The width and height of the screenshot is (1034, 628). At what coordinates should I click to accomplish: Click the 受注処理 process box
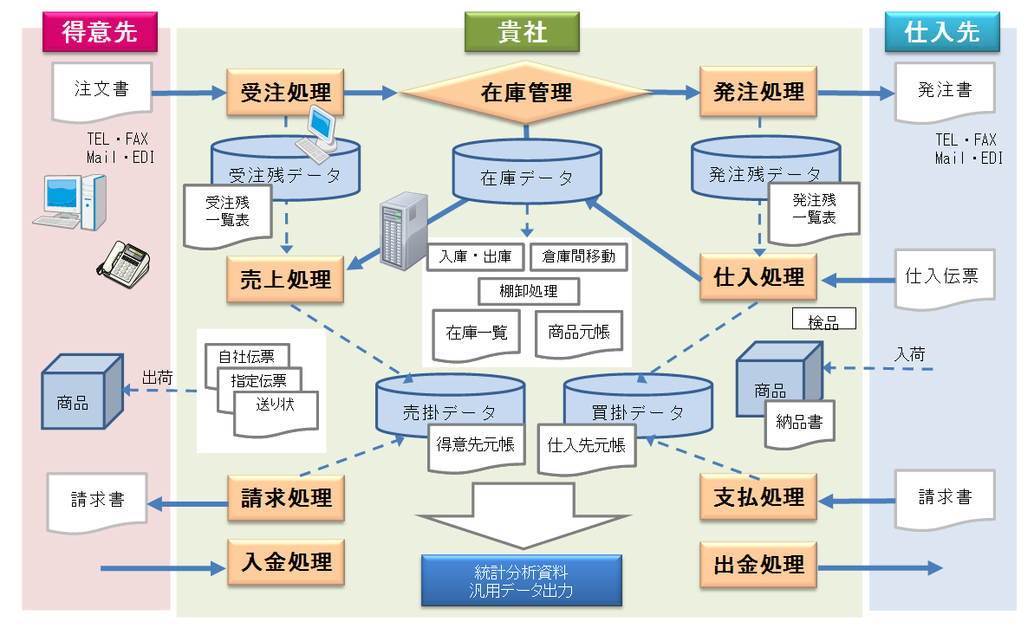click(x=285, y=92)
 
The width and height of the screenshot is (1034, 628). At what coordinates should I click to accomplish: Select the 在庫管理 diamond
click(x=526, y=92)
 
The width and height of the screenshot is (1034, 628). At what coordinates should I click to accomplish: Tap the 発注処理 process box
click(x=758, y=92)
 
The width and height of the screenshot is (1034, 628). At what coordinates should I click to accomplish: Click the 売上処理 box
click(x=285, y=279)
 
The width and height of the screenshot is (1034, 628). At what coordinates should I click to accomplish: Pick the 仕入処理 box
click(x=758, y=277)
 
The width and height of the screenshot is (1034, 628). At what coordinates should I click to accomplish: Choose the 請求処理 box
click(x=285, y=498)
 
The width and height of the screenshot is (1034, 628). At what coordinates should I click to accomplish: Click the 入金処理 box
click(x=285, y=562)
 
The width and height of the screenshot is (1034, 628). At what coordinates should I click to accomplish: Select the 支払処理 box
click(x=758, y=497)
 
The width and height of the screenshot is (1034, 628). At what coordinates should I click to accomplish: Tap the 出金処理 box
click(x=758, y=565)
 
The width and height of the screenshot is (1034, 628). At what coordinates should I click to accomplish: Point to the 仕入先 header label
click(x=941, y=32)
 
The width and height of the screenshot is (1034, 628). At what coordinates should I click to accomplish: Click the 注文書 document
click(x=101, y=90)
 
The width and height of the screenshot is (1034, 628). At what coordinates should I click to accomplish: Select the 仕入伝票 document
click(x=941, y=277)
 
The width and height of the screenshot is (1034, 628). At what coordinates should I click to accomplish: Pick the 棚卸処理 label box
click(x=529, y=291)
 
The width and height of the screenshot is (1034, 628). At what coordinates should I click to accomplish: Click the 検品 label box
click(x=823, y=320)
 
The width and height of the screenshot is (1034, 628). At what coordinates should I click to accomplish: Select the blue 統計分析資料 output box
click(x=521, y=580)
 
